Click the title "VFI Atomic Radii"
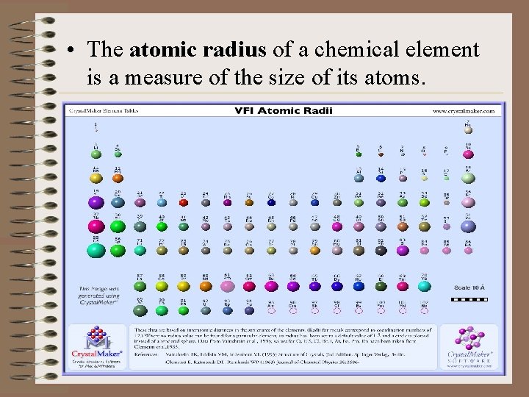284,111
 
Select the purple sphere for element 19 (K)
96,201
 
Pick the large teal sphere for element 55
96,249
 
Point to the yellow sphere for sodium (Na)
96,177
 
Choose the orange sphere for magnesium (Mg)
118,177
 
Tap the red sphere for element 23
184,201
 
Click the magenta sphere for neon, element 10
468,154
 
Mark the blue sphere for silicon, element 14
380,177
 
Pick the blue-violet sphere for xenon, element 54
468,224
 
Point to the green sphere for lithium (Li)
96,154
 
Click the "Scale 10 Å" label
469,287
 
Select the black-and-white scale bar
469,300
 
